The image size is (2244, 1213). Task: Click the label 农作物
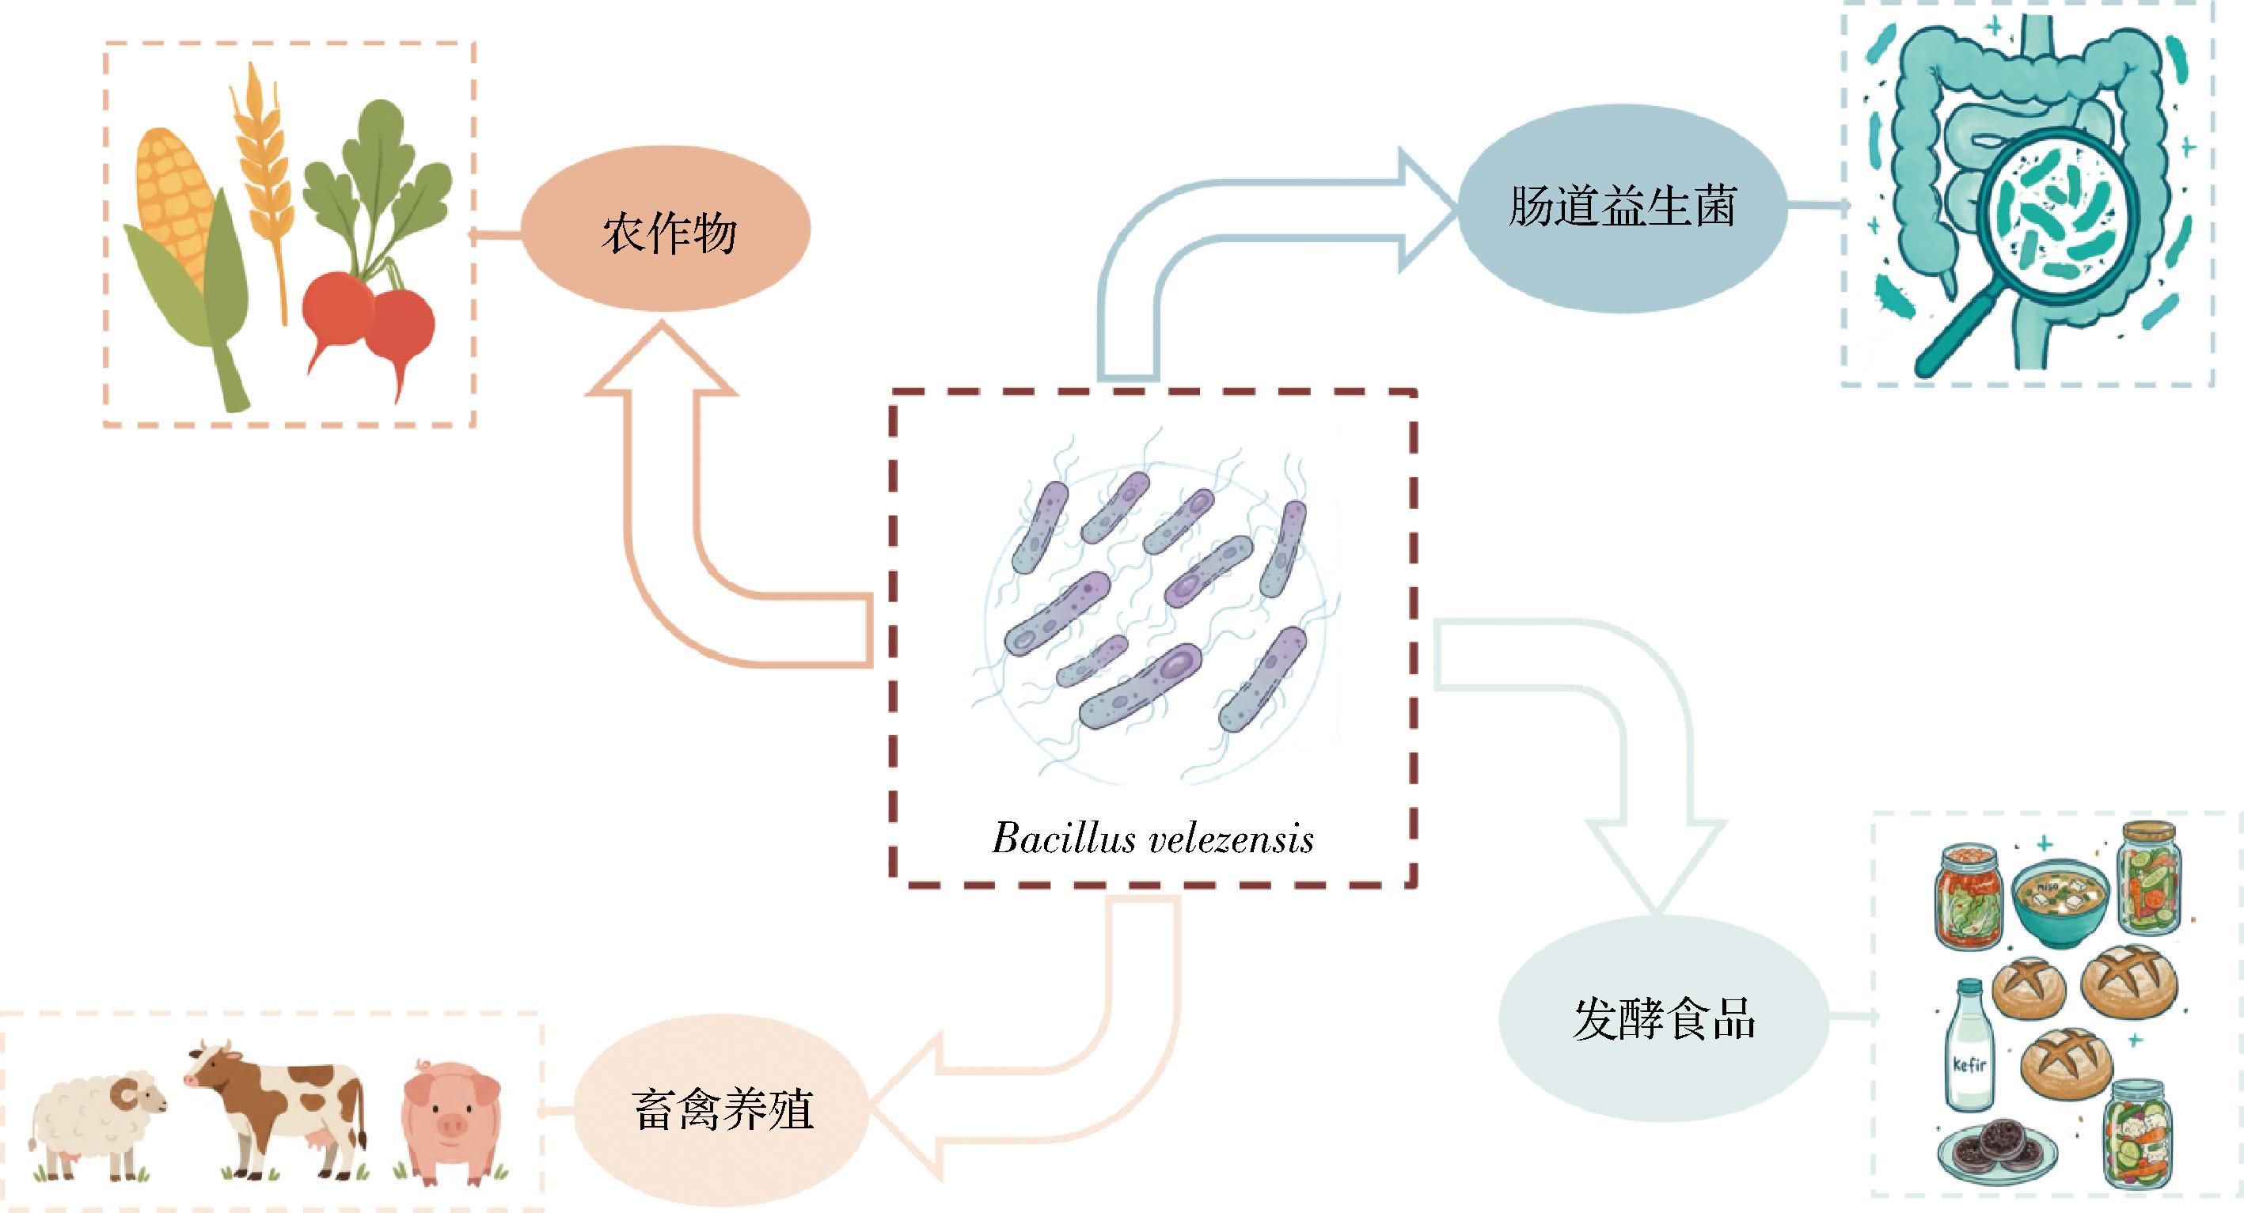click(x=669, y=233)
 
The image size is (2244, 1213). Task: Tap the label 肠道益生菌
click(x=1622, y=207)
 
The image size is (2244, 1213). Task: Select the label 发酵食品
click(x=1664, y=1019)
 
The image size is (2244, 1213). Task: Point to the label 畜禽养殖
click(x=723, y=1110)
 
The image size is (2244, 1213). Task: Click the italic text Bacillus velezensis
click(x=1152, y=839)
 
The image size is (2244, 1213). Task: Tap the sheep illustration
click(x=96, y=1124)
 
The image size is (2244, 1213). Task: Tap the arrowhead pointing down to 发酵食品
click(x=1655, y=866)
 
